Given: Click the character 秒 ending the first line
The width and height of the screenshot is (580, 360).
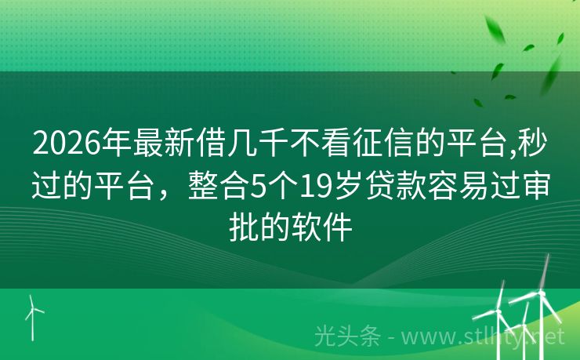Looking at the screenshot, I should pos(534,145).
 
